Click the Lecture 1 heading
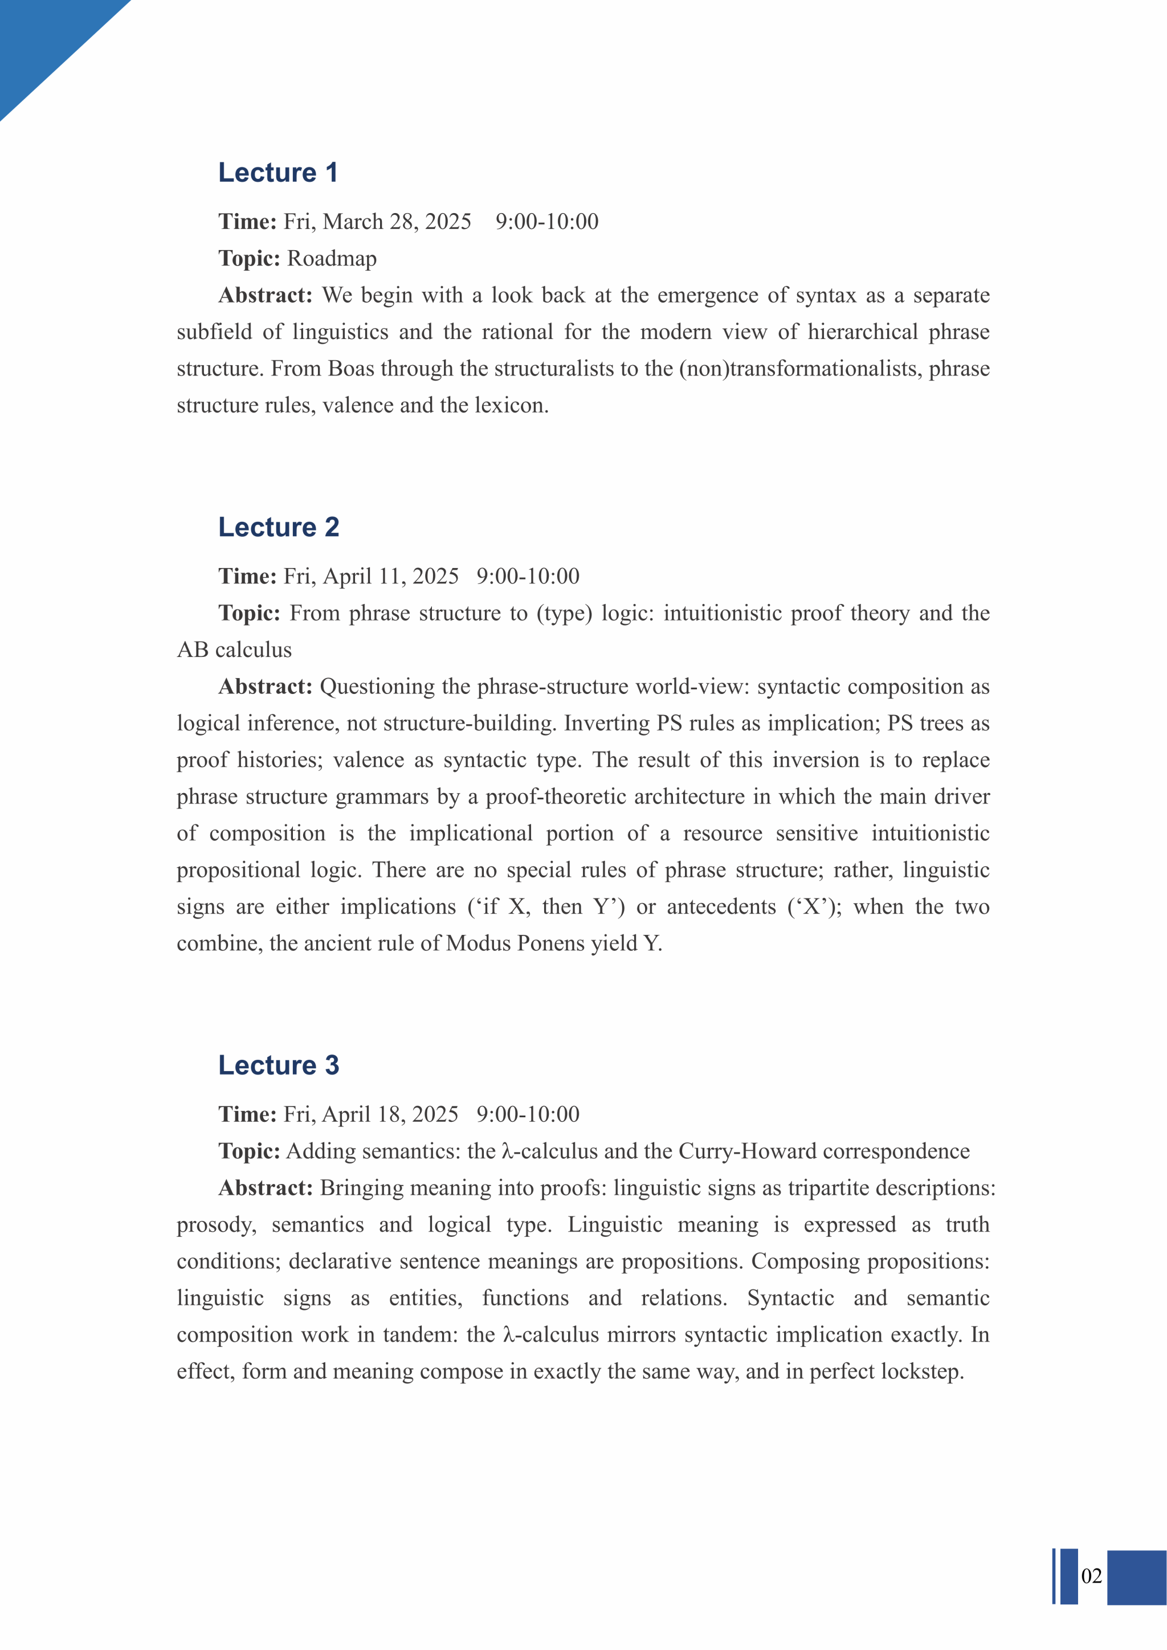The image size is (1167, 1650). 278,173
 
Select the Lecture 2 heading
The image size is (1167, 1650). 278,527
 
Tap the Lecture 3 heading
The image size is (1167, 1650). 278,1065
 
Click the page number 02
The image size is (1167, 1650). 1091,1576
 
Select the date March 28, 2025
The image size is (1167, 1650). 377,221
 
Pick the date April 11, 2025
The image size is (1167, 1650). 371,577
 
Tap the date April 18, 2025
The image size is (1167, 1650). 371,1114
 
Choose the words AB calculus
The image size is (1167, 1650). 234,650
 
